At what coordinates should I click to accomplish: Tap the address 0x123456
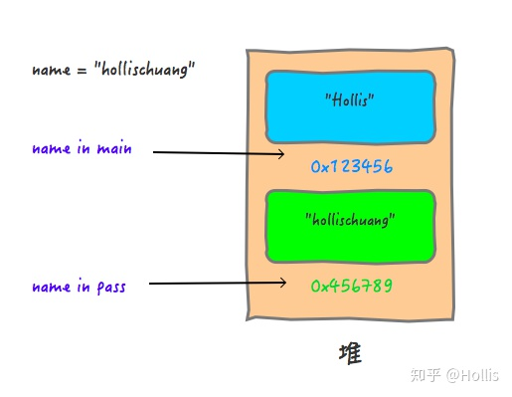point(352,167)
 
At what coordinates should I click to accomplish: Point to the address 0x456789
point(352,286)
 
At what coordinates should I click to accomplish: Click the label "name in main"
point(82,149)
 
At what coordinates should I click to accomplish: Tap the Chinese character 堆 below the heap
point(350,353)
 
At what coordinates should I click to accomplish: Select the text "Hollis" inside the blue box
point(350,99)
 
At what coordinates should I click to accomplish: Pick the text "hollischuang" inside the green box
point(350,218)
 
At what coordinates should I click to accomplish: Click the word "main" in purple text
point(115,149)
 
